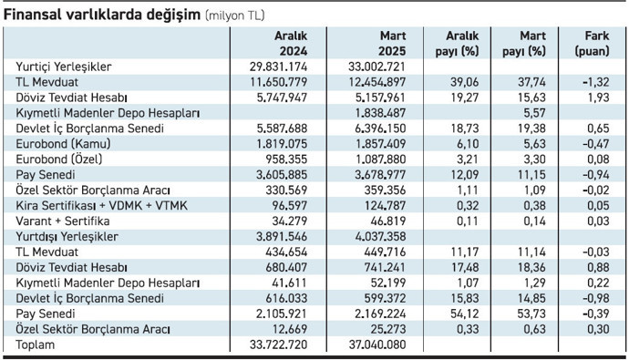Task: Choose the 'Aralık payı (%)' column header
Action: click(x=458, y=42)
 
